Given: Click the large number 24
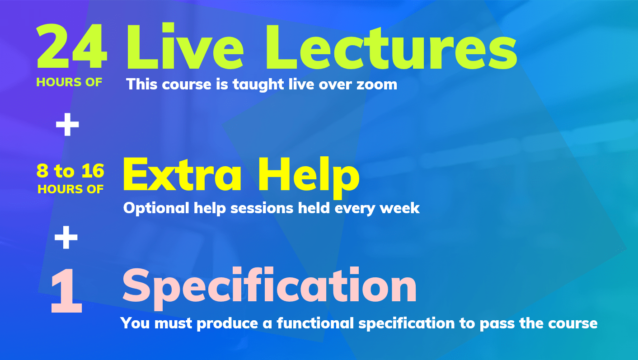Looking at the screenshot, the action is (72, 46).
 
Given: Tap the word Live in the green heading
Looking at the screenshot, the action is (184, 46).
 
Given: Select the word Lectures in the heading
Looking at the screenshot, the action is (391, 47).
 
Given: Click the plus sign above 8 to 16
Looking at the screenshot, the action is (67, 125).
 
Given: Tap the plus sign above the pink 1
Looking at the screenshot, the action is (66, 237).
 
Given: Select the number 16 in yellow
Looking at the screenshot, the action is (93, 171).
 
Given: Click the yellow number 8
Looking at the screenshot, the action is (42, 171).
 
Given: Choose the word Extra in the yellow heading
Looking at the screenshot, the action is (182, 174).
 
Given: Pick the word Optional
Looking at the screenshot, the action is (156, 208).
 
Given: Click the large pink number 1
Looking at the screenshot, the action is (66, 290).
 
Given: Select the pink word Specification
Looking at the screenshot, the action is (269, 288).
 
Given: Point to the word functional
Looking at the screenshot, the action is (315, 323).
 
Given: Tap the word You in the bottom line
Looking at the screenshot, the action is (135, 323).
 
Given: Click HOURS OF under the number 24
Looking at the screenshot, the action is (69, 82).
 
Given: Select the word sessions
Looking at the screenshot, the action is (262, 209).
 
